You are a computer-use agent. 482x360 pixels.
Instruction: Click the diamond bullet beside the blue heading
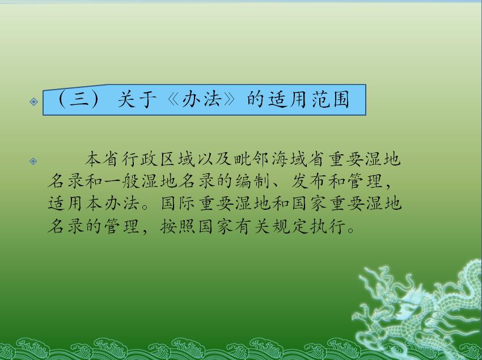(x=34, y=101)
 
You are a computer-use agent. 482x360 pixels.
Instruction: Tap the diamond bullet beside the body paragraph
(x=33, y=161)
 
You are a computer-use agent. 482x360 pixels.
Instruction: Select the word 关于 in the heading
(x=137, y=100)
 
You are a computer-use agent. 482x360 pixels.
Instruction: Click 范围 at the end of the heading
(x=331, y=100)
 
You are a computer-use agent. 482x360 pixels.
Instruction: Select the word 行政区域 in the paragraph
(x=158, y=159)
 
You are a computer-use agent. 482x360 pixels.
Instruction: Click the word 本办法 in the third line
(x=112, y=204)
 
